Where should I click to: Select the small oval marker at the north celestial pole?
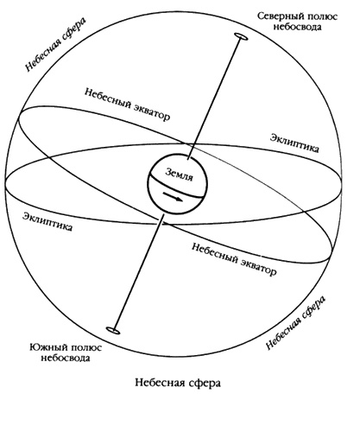tap(238, 38)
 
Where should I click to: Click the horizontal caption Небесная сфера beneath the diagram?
tap(180, 381)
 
